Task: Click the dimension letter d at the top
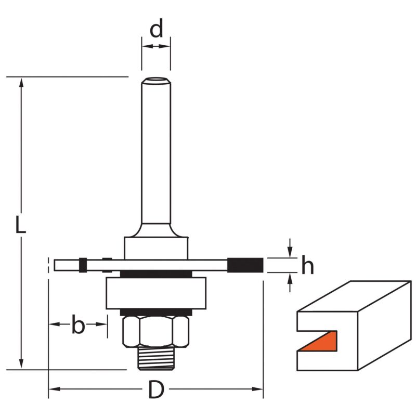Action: click(157, 29)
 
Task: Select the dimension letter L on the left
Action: click(20, 225)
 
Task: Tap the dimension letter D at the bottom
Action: click(156, 389)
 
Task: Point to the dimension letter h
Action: click(308, 265)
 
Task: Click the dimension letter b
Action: click(79, 324)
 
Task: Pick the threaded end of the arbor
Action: click(156, 358)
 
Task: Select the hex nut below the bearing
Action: click(156, 332)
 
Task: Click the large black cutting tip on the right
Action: click(245, 265)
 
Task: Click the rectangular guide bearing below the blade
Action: click(156, 293)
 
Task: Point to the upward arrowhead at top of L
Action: click(21, 83)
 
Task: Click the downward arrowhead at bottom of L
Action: click(21, 363)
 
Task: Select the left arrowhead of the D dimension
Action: click(55, 389)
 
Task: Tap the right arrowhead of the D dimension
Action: click(257, 389)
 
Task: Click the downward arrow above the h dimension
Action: click(290, 248)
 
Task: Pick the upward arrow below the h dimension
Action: click(290, 282)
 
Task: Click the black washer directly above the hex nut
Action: click(156, 313)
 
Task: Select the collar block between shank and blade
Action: click(156, 249)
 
